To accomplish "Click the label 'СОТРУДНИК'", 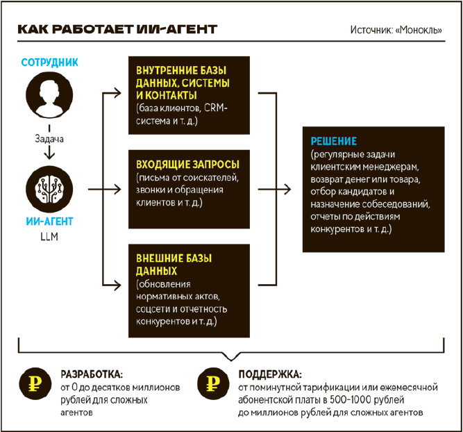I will [50, 63].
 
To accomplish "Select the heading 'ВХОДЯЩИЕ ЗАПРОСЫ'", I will [188, 164].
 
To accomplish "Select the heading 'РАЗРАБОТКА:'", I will [92, 373].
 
